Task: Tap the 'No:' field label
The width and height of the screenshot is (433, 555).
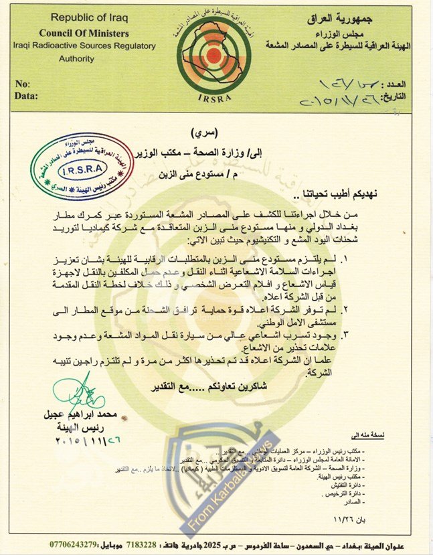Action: [x=23, y=84]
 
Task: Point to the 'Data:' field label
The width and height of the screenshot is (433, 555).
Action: [x=26, y=96]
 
